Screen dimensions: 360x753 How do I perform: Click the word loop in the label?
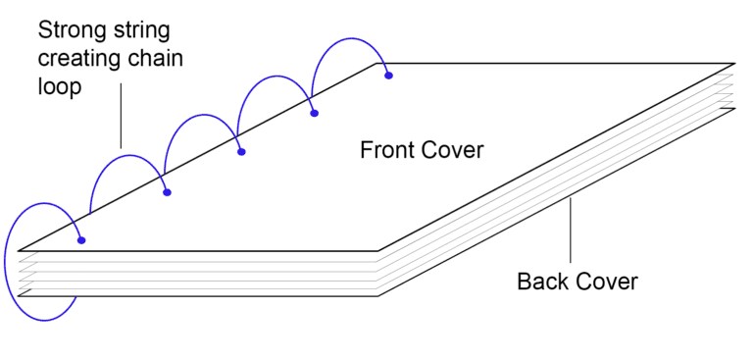61,86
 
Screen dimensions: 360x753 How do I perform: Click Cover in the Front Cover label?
455,150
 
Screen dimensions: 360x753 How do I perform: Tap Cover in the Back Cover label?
608,283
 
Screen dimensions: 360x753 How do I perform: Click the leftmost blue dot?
81,240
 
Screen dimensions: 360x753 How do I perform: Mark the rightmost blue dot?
389,75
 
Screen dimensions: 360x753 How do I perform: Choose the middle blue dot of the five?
241,152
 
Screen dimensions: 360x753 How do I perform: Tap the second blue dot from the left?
168,192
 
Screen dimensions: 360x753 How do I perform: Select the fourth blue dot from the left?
315,114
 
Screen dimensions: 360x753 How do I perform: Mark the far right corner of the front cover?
734,64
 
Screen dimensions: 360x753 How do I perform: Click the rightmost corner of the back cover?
734,108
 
